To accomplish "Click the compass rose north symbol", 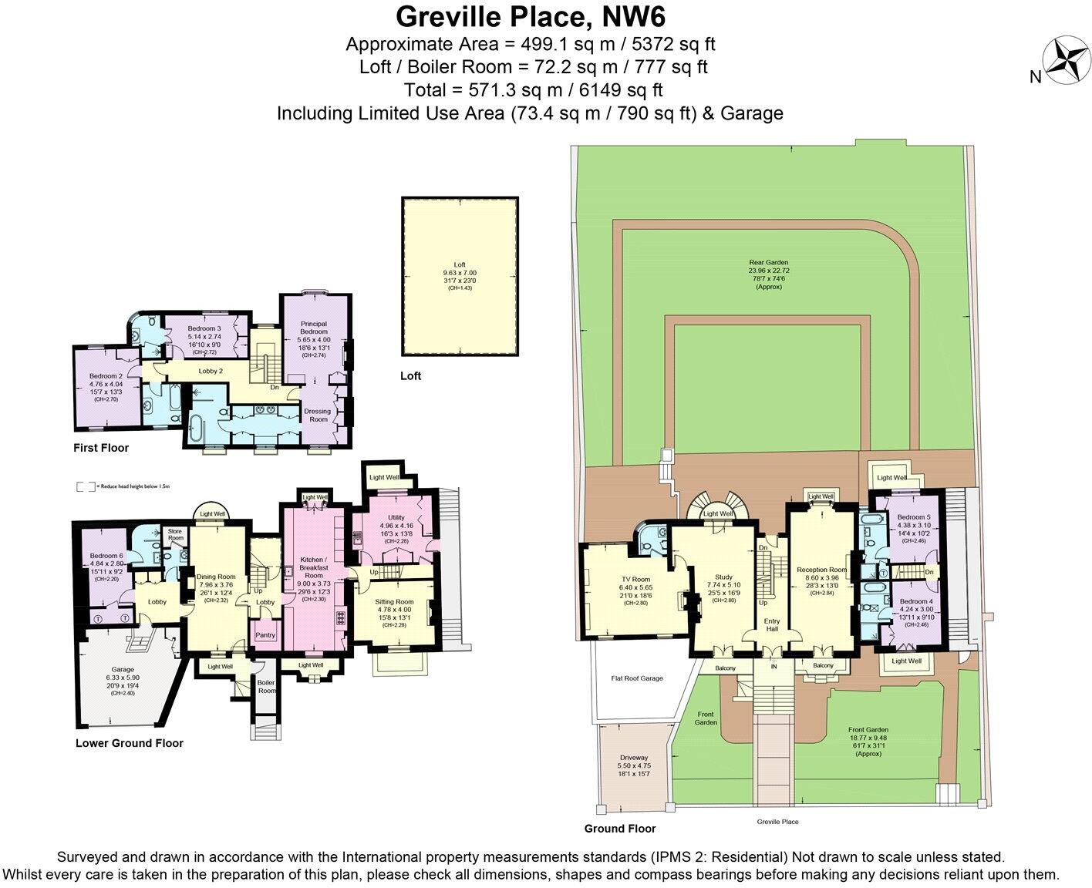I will tap(1064, 61).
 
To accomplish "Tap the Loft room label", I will tap(459, 264).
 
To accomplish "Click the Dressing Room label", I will tap(318, 415).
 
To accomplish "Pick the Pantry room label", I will tap(265, 635).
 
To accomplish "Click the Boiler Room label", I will tap(266, 686).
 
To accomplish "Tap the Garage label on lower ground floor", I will tap(123, 669).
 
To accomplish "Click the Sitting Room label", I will tap(394, 602).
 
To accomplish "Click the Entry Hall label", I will tap(771, 624).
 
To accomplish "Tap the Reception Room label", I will tap(821, 570).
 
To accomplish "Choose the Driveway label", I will tap(634, 757).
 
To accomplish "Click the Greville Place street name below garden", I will tap(777, 822).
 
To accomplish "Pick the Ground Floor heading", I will tap(620, 829).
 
